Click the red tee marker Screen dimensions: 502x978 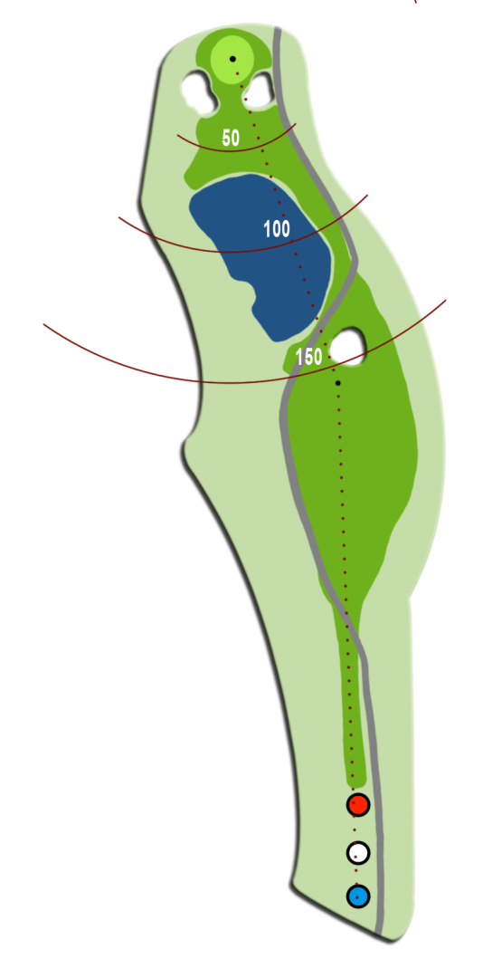pyautogui.click(x=358, y=804)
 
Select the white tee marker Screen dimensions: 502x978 pyautogui.click(x=358, y=852)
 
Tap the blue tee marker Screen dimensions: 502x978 pyautogui.click(x=358, y=896)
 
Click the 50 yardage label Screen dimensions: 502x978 pyautogui.click(x=231, y=138)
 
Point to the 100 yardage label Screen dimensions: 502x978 pyautogui.click(x=277, y=229)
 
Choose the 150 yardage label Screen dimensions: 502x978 pyautogui.click(x=309, y=357)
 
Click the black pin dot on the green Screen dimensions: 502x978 pyautogui.click(x=232, y=59)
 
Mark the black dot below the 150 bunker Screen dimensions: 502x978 pyautogui.click(x=337, y=383)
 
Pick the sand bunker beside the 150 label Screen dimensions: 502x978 pyautogui.click(x=347, y=345)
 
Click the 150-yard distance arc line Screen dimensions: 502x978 pyautogui.click(x=231, y=382)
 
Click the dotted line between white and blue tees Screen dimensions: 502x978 pyautogui.click(x=356, y=875)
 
